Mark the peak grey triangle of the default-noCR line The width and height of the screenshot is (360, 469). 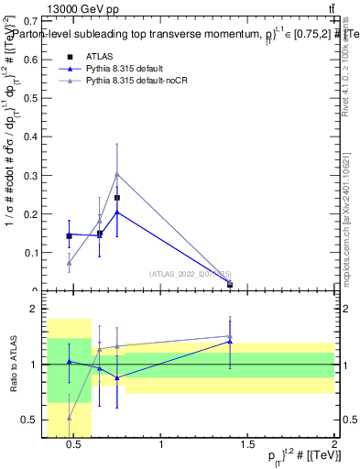117,174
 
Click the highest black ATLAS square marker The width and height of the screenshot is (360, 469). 117,198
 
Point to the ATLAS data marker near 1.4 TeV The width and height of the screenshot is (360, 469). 229,285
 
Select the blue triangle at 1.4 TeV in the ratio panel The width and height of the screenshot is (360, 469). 229,342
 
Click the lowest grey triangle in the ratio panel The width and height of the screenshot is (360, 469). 70,417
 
